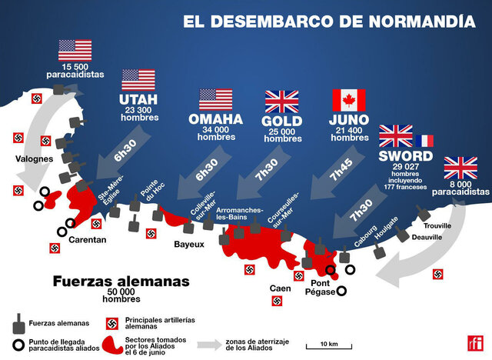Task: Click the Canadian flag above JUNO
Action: click(348, 100)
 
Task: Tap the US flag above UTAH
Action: click(138, 80)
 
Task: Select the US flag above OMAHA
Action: click(215, 100)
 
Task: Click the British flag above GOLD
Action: click(281, 102)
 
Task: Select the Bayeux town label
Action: click(189, 245)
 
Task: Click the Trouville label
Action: click(439, 225)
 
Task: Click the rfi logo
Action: click(472, 344)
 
